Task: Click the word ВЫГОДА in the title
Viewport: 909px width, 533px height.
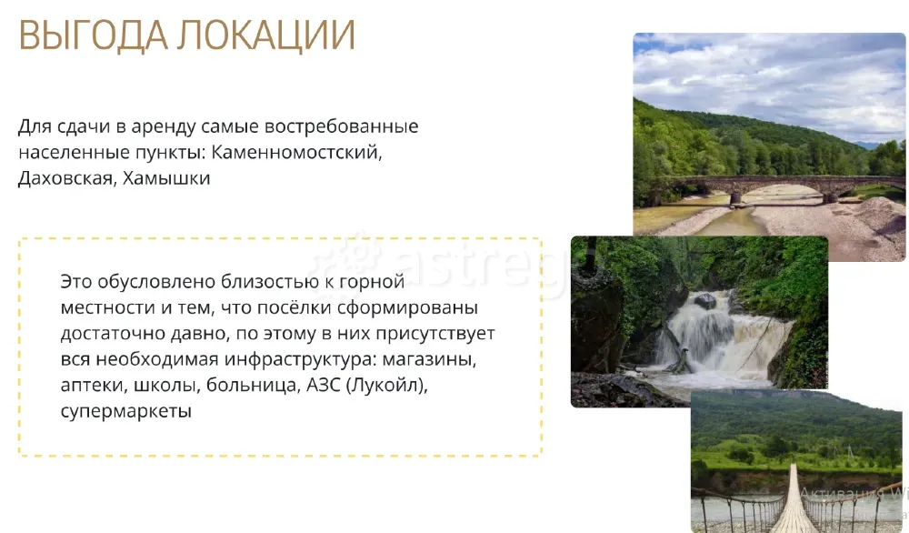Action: tap(89, 35)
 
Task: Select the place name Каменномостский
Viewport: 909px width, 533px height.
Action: tap(297, 152)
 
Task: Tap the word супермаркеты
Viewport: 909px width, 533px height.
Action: tap(126, 411)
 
